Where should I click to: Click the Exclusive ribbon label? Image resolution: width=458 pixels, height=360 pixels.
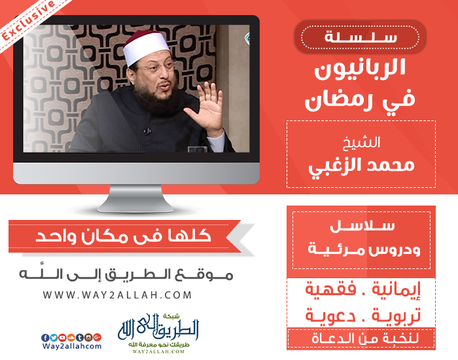[x=27, y=20]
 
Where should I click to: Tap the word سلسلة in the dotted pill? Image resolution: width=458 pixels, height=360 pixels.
[x=361, y=37]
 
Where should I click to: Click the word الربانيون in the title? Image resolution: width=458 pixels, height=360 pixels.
[x=360, y=69]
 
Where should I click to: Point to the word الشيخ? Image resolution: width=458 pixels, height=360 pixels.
[x=361, y=143]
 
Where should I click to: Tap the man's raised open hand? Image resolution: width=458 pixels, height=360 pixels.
[x=205, y=109]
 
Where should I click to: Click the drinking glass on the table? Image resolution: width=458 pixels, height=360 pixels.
[x=197, y=149]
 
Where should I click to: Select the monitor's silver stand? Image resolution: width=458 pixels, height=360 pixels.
[x=135, y=198]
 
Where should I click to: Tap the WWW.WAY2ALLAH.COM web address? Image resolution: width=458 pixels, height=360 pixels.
[x=117, y=295]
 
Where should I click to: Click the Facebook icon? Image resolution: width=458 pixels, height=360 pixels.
[x=45, y=338]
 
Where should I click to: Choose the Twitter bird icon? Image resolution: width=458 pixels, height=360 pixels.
[x=54, y=338]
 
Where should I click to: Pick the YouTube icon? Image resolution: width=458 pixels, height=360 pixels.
[x=63, y=338]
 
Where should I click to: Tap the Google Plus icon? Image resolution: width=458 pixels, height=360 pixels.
[x=97, y=338]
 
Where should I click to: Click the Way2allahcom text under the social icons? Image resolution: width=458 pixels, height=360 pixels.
[x=71, y=346]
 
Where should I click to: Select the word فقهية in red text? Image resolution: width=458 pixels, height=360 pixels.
[x=331, y=289]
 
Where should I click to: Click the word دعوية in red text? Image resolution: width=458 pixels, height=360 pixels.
[x=330, y=315]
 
